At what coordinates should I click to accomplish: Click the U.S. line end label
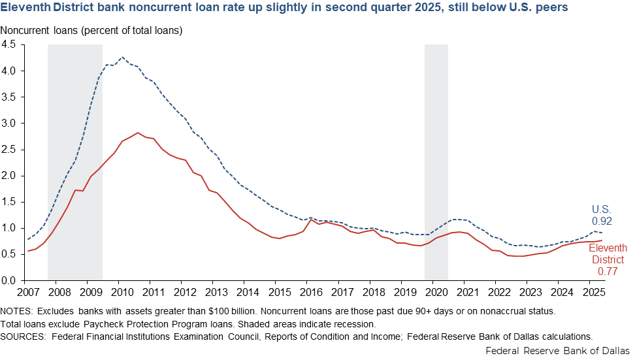[x=602, y=210]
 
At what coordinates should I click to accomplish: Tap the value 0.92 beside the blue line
[x=602, y=221]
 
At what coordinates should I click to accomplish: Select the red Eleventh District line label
[x=608, y=254]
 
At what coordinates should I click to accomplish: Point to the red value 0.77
[x=608, y=270]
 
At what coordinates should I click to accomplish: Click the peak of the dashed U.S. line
[x=122, y=57]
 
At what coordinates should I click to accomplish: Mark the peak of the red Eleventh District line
[x=138, y=133]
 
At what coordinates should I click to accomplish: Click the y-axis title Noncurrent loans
[x=91, y=31]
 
